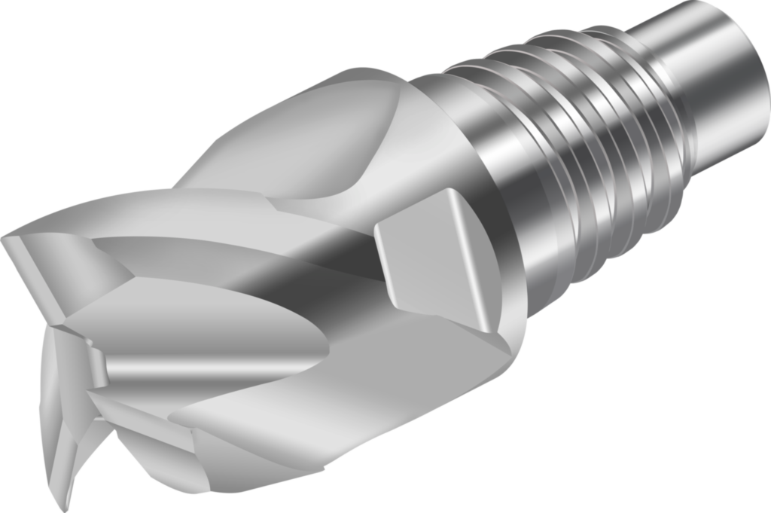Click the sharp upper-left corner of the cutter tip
[x=6, y=240]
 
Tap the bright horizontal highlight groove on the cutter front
[x=211, y=369]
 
